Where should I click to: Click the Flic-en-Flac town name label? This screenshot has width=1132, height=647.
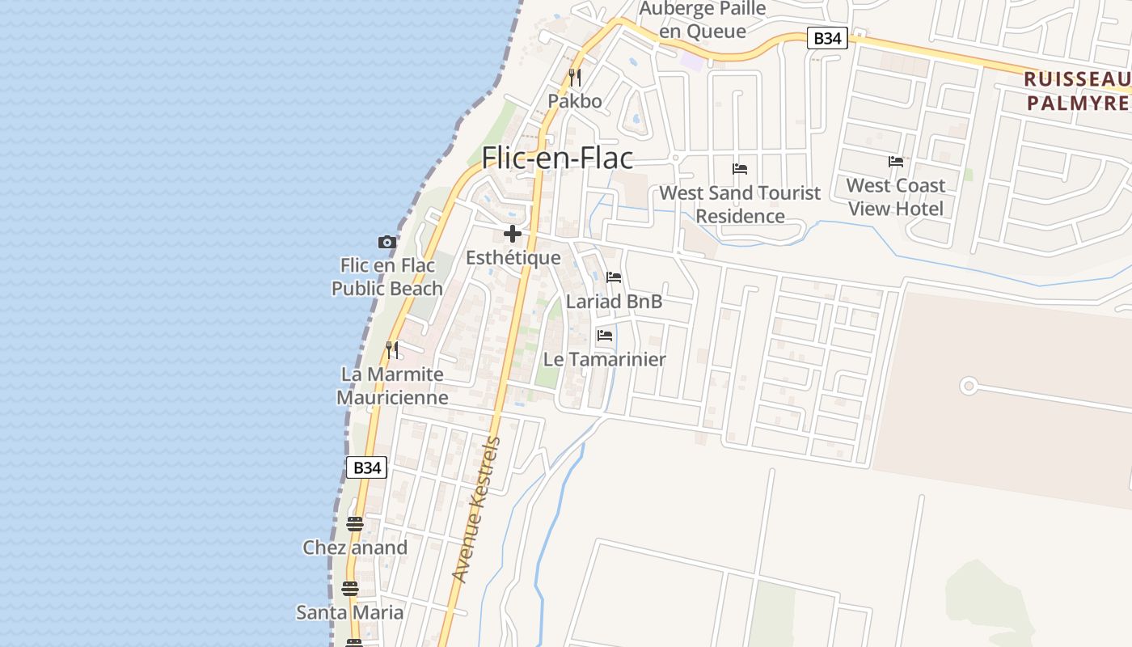[557, 158]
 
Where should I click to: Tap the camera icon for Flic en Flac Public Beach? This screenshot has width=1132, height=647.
[387, 242]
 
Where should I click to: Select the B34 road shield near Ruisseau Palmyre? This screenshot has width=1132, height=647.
[827, 38]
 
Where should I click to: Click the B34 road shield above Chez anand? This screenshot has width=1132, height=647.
[366, 467]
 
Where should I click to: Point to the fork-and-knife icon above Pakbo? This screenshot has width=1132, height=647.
[575, 78]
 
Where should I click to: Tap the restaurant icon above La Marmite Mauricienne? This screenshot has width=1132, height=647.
[392, 350]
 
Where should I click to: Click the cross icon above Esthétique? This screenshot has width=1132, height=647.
[513, 234]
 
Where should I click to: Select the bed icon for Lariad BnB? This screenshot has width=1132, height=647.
[614, 277]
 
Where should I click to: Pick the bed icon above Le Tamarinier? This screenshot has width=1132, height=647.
[604, 335]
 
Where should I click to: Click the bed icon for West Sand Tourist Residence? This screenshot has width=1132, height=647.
[740, 169]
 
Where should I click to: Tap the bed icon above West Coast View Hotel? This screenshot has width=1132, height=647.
[895, 162]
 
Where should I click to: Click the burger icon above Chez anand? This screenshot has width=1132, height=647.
[354, 524]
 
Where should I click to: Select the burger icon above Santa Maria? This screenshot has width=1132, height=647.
[349, 588]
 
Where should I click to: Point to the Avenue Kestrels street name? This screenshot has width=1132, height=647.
[476, 510]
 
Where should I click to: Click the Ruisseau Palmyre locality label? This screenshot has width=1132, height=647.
[1076, 91]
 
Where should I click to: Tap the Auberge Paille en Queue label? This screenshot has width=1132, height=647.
[702, 20]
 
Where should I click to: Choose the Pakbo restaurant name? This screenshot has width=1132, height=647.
[575, 101]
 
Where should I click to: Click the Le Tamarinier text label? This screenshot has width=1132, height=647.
[604, 359]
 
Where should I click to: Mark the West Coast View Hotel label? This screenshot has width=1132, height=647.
[895, 197]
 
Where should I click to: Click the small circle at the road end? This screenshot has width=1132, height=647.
[968, 386]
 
